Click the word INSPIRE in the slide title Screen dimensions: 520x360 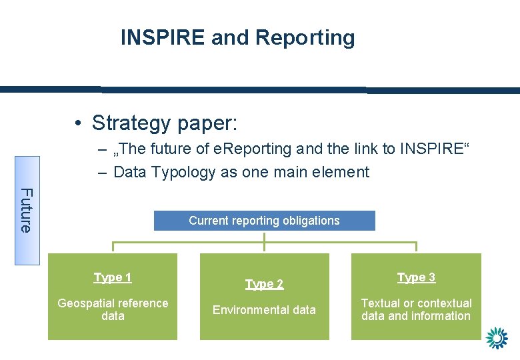163,38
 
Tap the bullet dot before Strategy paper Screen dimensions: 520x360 79,123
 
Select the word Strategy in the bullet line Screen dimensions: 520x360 131,123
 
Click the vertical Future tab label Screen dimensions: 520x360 26,210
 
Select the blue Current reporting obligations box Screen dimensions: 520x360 264,221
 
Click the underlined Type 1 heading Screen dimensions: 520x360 113,277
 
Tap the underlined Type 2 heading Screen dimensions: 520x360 264,284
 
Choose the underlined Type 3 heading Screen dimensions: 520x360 416,277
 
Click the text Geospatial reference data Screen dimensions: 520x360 113,309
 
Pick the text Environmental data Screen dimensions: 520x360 264,309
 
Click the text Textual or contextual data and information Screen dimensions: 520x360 416,309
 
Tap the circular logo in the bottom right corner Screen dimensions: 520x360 497,338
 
